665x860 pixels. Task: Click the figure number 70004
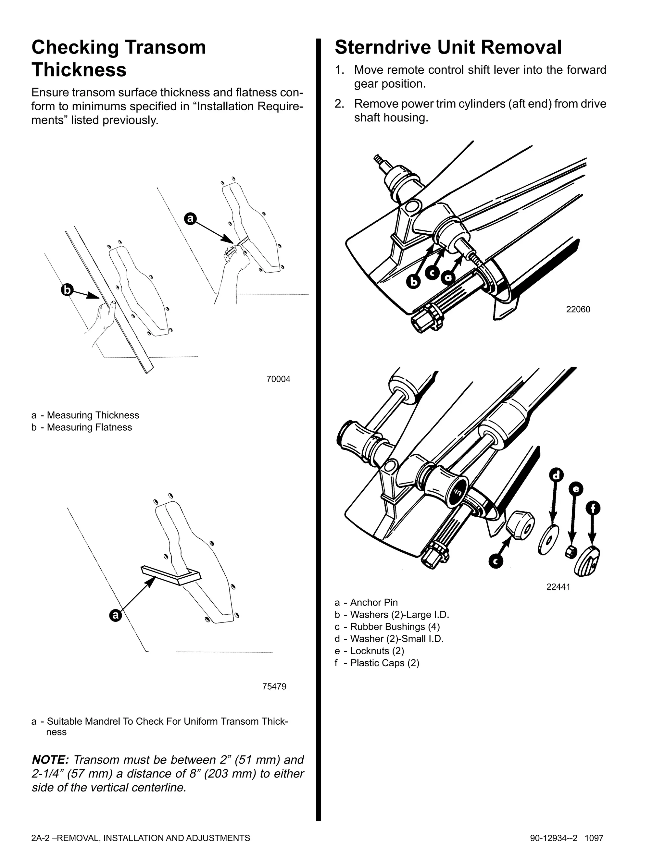[278, 379]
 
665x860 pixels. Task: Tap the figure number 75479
[274, 686]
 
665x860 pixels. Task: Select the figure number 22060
[578, 310]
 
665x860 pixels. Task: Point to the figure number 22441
[558, 587]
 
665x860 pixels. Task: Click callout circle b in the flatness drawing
[67, 290]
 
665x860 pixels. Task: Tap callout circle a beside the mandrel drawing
[115, 615]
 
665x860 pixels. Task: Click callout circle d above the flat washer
[556, 475]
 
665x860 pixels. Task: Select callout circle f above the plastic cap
[593, 508]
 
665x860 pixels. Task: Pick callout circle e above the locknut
[576, 489]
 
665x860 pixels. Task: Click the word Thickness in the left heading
[79, 70]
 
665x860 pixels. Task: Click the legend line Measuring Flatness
[89, 427]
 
